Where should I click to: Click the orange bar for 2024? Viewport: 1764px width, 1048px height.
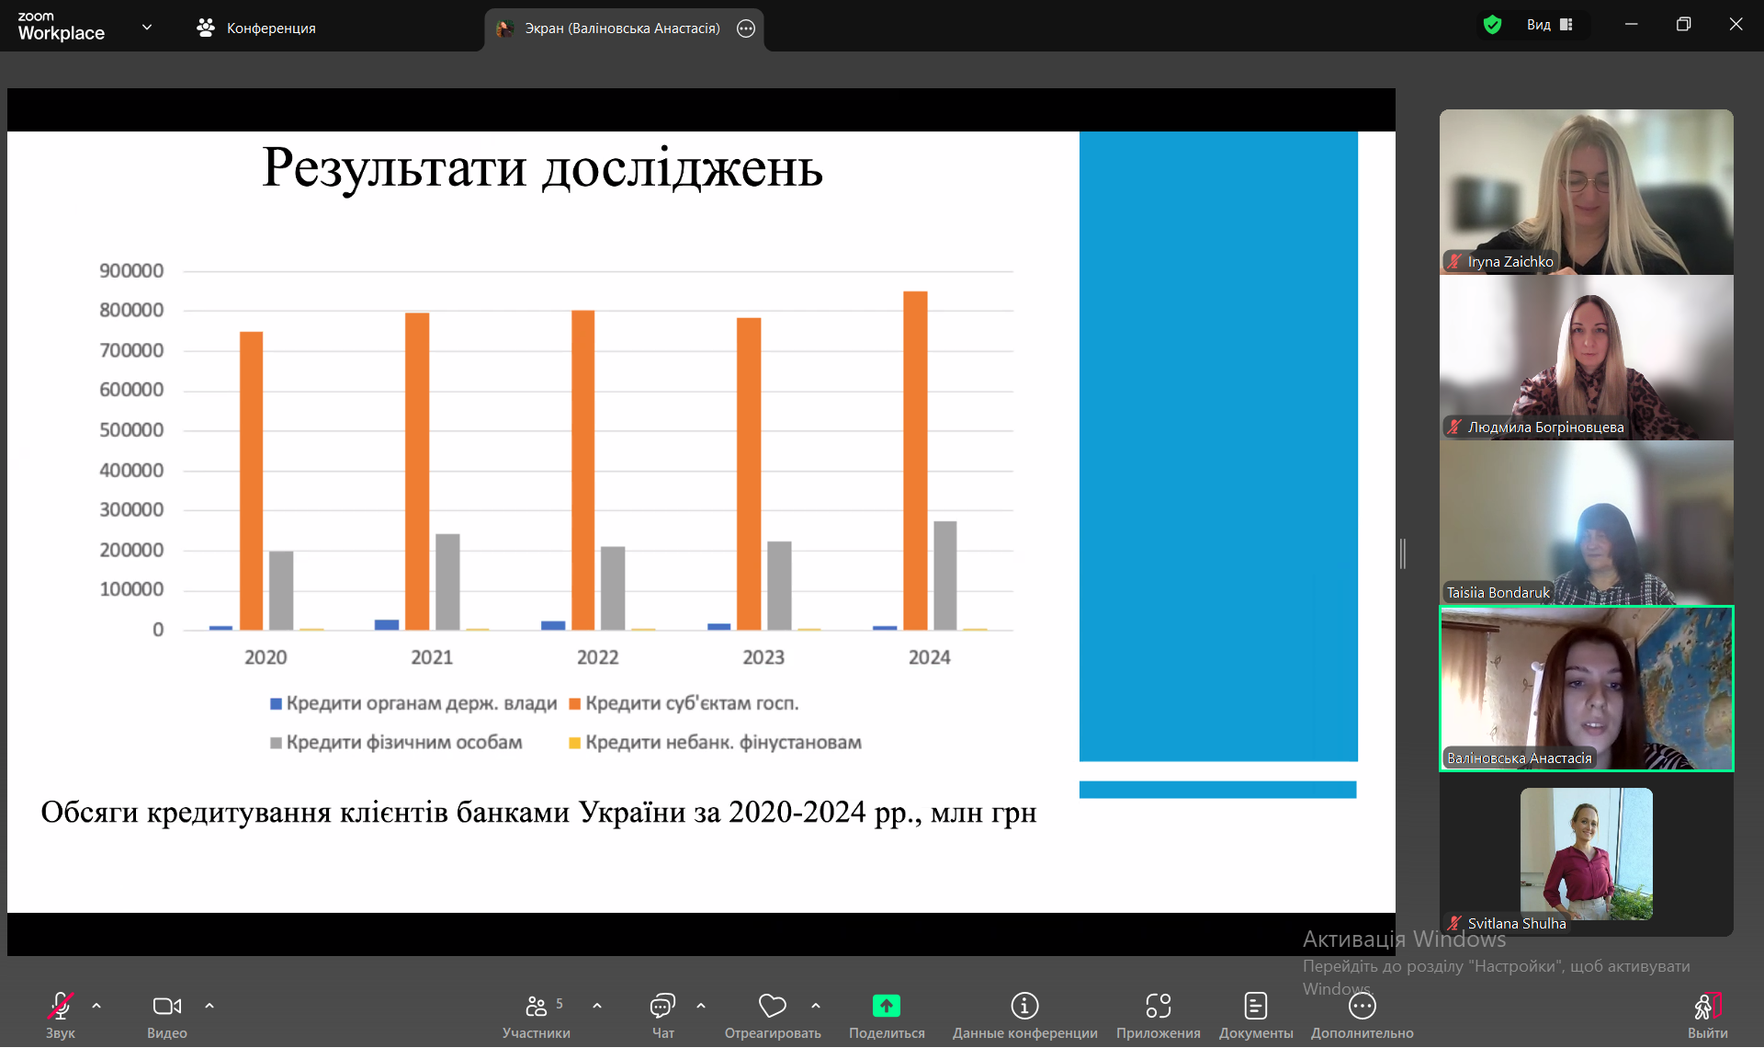click(x=915, y=461)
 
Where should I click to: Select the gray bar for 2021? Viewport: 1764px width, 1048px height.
click(x=447, y=582)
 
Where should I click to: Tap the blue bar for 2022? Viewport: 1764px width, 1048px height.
click(x=553, y=626)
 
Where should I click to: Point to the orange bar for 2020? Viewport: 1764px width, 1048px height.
click(x=251, y=481)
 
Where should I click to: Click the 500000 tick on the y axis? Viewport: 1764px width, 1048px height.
click(x=131, y=430)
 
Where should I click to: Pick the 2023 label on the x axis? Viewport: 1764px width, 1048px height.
click(x=763, y=657)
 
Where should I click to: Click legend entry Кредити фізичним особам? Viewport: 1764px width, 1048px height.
click(x=396, y=743)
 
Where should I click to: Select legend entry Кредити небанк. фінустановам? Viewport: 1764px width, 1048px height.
click(x=715, y=743)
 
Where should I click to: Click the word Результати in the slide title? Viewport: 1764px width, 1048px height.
click(x=395, y=168)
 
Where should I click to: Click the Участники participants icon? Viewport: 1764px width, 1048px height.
click(x=537, y=1007)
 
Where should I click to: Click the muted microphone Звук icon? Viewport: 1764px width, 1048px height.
click(x=60, y=1006)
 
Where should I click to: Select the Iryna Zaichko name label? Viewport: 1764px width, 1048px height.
click(x=1510, y=262)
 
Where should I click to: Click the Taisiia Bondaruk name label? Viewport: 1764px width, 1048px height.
click(x=1498, y=593)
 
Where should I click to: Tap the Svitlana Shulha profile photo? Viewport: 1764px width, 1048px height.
click(x=1587, y=854)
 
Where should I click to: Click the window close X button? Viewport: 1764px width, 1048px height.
click(x=1736, y=25)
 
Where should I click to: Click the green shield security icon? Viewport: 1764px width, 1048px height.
click(x=1492, y=25)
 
